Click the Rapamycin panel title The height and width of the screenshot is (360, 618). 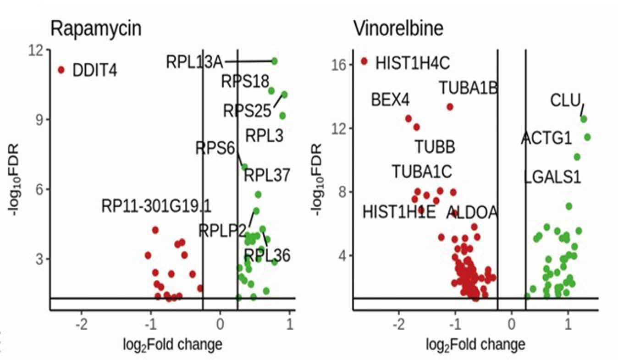96,29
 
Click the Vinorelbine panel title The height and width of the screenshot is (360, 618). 398,28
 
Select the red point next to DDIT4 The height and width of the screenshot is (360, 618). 61,70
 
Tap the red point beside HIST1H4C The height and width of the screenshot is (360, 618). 364,61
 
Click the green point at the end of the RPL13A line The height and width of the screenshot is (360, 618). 274,61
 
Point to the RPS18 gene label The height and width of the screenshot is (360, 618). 245,82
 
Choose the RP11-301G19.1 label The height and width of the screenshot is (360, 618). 156,206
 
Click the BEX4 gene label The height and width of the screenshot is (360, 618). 391,100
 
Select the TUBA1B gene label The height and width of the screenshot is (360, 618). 469,88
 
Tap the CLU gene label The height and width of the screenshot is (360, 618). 566,100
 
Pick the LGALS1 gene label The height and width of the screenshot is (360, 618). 552,177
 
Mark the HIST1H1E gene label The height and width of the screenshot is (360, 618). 399,212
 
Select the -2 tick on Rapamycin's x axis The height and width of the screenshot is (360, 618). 82,324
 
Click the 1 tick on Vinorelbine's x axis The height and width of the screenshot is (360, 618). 568,324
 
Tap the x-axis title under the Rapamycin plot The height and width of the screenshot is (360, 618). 172,345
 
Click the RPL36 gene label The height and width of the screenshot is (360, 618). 267,255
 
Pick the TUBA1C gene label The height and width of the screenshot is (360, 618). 422,172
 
